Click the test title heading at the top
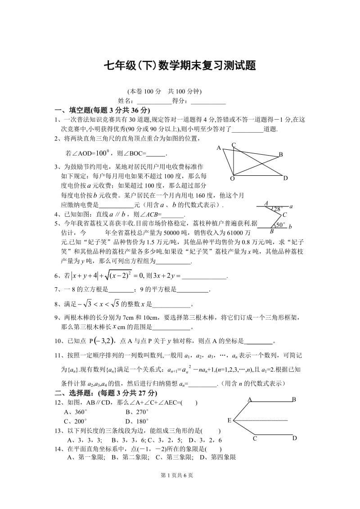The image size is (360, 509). pos(180,66)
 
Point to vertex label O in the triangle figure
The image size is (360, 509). pos(232,179)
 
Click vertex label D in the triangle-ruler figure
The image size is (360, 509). pos(285,178)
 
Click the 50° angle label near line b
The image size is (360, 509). pos(280,225)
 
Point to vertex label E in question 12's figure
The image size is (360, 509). pos(229,420)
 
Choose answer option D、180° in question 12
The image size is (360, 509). pos(137,421)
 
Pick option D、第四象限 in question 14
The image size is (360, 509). pos(218,457)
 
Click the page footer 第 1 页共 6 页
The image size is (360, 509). pos(180,487)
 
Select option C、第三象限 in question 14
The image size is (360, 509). pos(173,457)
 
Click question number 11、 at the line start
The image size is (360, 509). pos(60,356)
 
